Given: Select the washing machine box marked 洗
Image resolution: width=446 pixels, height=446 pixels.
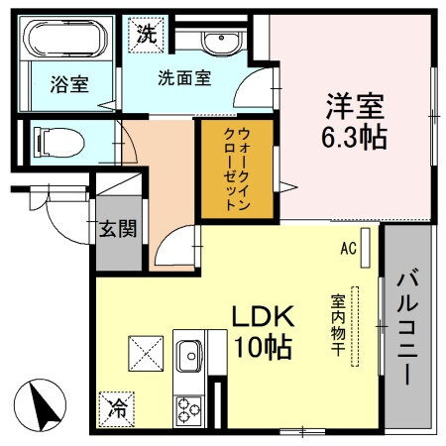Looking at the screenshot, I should (146, 32).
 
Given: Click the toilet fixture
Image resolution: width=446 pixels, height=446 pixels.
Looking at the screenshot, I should (55, 140).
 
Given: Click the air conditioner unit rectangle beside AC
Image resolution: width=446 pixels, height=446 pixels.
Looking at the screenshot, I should (366, 246).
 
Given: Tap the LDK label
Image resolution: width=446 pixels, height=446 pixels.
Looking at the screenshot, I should (264, 317).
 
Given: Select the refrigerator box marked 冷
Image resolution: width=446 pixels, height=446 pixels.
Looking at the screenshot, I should (117, 407).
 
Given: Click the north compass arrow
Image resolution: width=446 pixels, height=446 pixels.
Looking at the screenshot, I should (43, 406).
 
